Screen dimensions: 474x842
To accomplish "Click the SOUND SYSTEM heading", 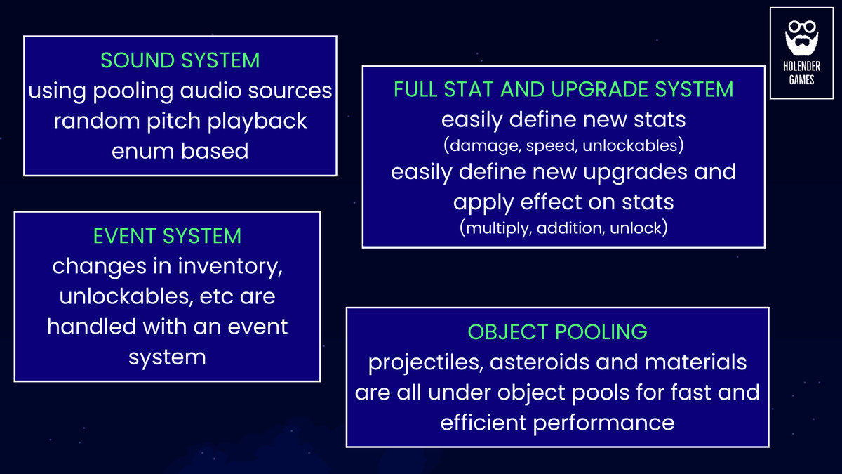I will point(180,60).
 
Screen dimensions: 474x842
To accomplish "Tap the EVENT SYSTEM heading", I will point(167,236).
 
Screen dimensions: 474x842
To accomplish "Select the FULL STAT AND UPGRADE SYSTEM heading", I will point(563,89).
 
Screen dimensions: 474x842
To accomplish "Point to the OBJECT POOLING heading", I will point(557,331).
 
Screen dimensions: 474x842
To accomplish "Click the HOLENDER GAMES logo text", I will point(801,73).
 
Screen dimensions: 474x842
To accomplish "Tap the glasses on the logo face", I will point(801,29).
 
